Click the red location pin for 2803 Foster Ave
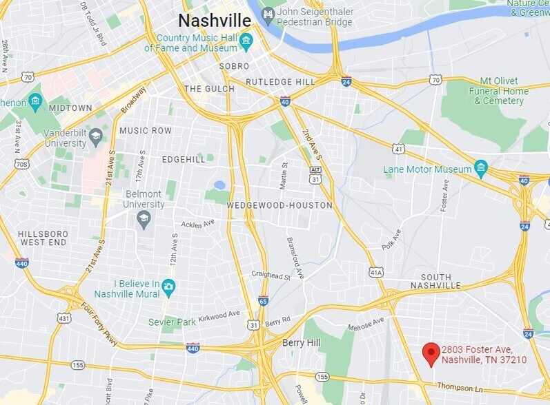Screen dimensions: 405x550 431,353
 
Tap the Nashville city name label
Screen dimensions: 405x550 214,19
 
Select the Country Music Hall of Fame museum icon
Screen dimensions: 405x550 246,43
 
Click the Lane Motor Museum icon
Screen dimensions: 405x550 481,168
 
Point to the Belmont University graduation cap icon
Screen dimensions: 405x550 144,218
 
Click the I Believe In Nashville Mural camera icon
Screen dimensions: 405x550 169,285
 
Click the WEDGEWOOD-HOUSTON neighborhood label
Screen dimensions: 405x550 279,205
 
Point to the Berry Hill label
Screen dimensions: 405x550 302,342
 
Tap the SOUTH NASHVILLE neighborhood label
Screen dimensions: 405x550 435,280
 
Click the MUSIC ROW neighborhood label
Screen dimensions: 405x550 146,130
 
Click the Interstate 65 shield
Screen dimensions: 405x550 263,300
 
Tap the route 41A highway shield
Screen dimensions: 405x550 376,272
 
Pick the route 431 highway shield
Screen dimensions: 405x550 64,318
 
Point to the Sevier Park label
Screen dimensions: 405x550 173,322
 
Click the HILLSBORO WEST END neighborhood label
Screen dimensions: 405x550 43,238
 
